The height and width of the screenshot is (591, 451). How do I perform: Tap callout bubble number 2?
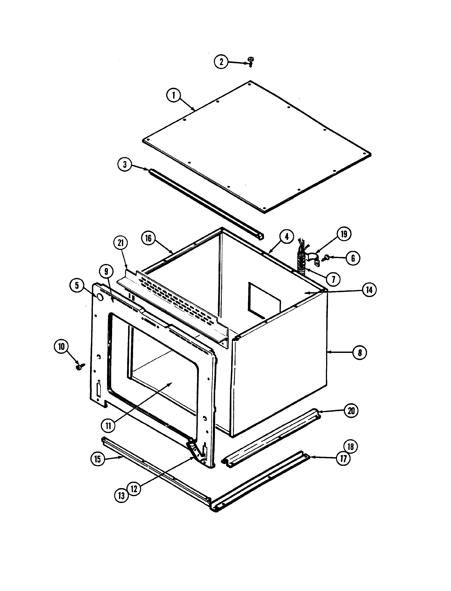point(221,62)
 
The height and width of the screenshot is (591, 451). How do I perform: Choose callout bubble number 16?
point(148,238)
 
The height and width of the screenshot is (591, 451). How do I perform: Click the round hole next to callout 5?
point(100,297)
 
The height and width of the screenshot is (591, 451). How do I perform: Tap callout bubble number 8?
point(360,353)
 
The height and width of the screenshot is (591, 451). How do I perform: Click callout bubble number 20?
point(351,411)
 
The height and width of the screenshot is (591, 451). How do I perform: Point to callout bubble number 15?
point(98,459)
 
